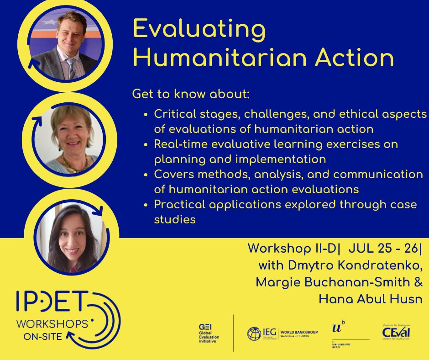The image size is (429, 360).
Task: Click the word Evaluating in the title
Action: point(199,30)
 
